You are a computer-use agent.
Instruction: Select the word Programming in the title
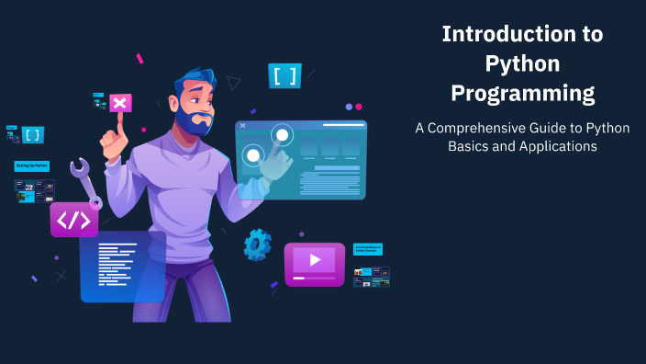522,94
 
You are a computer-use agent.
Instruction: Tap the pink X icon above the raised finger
120,102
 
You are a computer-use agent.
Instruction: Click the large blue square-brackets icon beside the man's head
284,75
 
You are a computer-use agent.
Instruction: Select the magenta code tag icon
73,220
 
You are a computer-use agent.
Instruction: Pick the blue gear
257,245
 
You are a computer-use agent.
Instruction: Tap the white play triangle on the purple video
315,260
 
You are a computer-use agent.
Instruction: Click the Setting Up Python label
31,166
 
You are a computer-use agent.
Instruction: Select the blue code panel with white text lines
122,267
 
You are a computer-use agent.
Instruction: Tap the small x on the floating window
242,125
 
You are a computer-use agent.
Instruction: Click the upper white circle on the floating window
282,136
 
